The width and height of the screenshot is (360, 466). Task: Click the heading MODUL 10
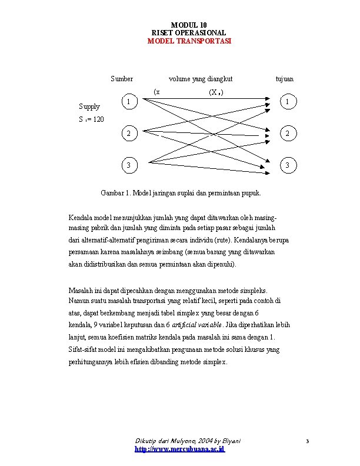(x=189, y=25)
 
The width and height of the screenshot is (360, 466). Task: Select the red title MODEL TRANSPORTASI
(x=189, y=41)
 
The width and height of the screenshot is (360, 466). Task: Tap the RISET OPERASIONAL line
(x=189, y=33)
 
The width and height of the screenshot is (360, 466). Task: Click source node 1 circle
(x=129, y=102)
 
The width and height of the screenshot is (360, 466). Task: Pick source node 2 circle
(x=129, y=134)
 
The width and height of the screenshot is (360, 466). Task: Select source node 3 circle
(x=129, y=165)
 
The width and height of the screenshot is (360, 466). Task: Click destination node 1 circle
(x=287, y=102)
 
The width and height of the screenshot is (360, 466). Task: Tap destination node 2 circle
(x=287, y=134)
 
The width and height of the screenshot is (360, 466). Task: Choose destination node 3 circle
(x=287, y=165)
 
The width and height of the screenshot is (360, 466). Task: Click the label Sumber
(x=122, y=79)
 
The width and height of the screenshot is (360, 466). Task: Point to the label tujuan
(x=285, y=79)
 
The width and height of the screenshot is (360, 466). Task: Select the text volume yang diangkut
(x=201, y=79)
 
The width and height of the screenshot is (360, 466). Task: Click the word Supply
(x=89, y=107)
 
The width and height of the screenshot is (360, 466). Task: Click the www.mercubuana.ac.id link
(x=180, y=449)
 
